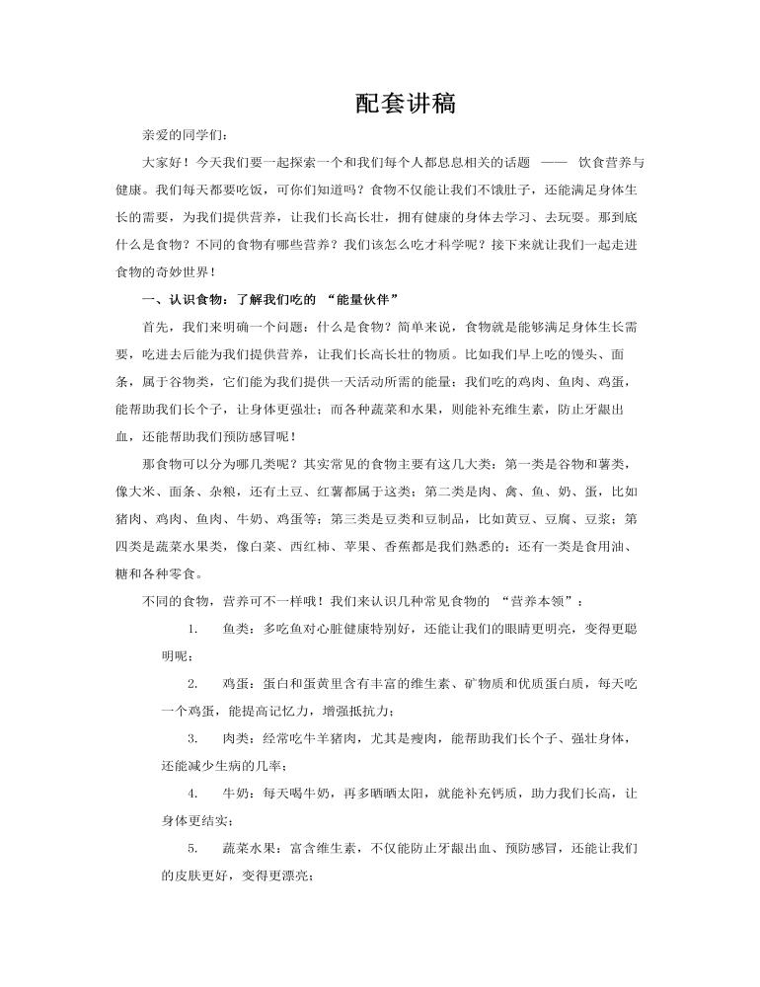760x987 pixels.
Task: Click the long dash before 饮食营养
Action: (x=555, y=161)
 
